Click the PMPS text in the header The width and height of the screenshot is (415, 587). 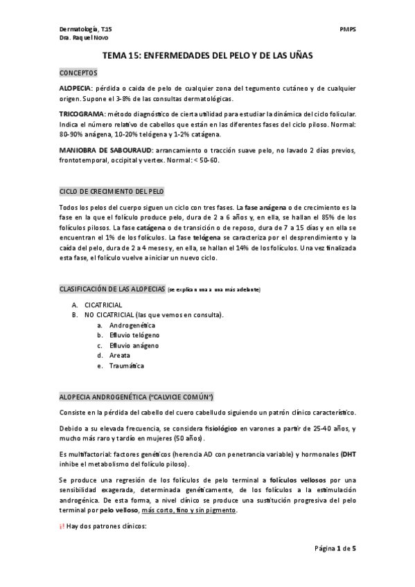[348, 30]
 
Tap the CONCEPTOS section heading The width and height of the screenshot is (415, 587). [78, 72]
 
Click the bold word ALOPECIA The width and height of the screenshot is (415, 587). [75, 88]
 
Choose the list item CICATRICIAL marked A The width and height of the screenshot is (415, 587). [103, 305]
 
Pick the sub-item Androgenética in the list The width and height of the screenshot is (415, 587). [132, 325]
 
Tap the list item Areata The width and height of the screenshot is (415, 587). [120, 355]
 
